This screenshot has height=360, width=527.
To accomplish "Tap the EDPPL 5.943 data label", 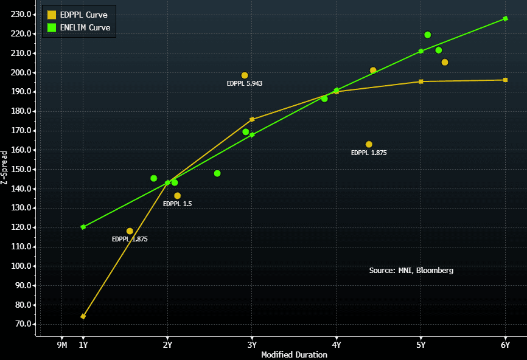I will tap(245, 83).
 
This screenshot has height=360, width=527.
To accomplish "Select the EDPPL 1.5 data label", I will tap(177, 204).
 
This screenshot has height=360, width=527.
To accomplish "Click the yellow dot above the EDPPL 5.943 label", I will tap(245, 75).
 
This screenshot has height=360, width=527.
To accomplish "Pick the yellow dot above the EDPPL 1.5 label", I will tap(178, 196).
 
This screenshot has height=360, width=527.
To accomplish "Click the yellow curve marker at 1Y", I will tap(83, 316).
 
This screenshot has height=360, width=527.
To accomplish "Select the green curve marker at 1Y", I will tap(83, 227).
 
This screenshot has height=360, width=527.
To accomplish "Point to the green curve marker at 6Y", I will tap(505, 19).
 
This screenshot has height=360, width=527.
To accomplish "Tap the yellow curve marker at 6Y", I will tap(505, 80).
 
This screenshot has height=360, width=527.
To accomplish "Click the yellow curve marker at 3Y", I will tap(252, 120).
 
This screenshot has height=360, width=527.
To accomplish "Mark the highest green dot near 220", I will tap(428, 35).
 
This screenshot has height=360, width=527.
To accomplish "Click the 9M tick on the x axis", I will tap(62, 345).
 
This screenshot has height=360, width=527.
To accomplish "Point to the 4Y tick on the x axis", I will tap(336, 345).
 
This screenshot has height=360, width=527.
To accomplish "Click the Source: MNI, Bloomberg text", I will tap(411, 270).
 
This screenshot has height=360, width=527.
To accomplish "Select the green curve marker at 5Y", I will tap(421, 51).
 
